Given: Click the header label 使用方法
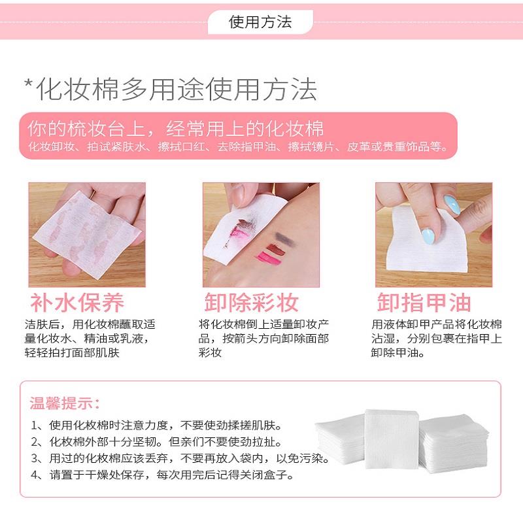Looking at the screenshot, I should [260, 22].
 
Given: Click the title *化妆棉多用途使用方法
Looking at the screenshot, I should [170, 90].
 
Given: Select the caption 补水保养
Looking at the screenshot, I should [76, 302].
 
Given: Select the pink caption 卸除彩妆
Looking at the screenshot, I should [252, 302].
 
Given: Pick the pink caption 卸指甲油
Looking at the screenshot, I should [424, 302].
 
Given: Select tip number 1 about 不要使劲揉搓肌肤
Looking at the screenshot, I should [157, 425].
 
